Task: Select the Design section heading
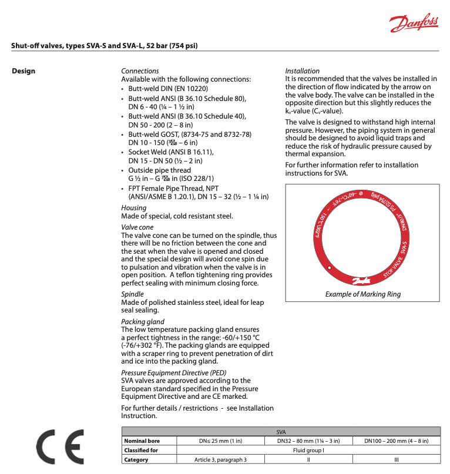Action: click(x=23, y=71)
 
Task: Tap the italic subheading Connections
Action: click(x=140, y=71)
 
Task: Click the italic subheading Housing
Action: click(x=134, y=208)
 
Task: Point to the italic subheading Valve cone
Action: click(x=137, y=227)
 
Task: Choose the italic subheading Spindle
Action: click(x=132, y=294)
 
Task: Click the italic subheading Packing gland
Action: click(x=143, y=321)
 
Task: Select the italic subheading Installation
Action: click(x=303, y=71)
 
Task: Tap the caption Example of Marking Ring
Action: click(x=363, y=294)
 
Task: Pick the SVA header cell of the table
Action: click(x=280, y=431)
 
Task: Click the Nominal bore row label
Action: click(x=142, y=441)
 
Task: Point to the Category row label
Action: click(x=136, y=459)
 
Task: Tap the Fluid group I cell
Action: click(x=308, y=450)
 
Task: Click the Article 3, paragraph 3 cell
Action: click(x=220, y=459)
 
